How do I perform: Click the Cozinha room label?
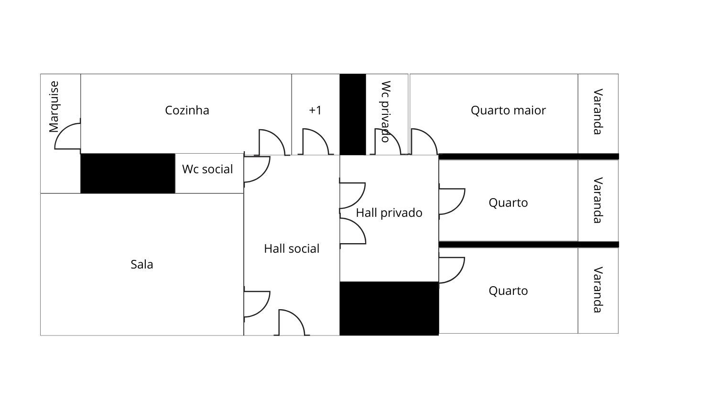tap(187, 110)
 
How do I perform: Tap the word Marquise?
tap(54, 106)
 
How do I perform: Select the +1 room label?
tap(315, 110)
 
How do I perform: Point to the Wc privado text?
tap(386, 111)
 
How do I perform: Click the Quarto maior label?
tap(508, 110)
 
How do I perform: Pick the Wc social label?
tap(207, 169)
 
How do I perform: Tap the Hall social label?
tap(292, 248)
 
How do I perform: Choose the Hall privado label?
tap(389, 213)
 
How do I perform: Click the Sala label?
tap(142, 264)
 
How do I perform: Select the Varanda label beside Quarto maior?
tap(597, 112)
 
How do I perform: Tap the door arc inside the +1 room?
tap(315, 142)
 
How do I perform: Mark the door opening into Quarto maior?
tap(423, 142)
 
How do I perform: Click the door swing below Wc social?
tap(257, 169)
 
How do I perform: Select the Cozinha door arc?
tap(272, 142)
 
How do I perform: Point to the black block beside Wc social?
tap(128, 173)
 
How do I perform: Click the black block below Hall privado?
tap(389, 308)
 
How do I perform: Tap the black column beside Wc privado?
tap(353, 114)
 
